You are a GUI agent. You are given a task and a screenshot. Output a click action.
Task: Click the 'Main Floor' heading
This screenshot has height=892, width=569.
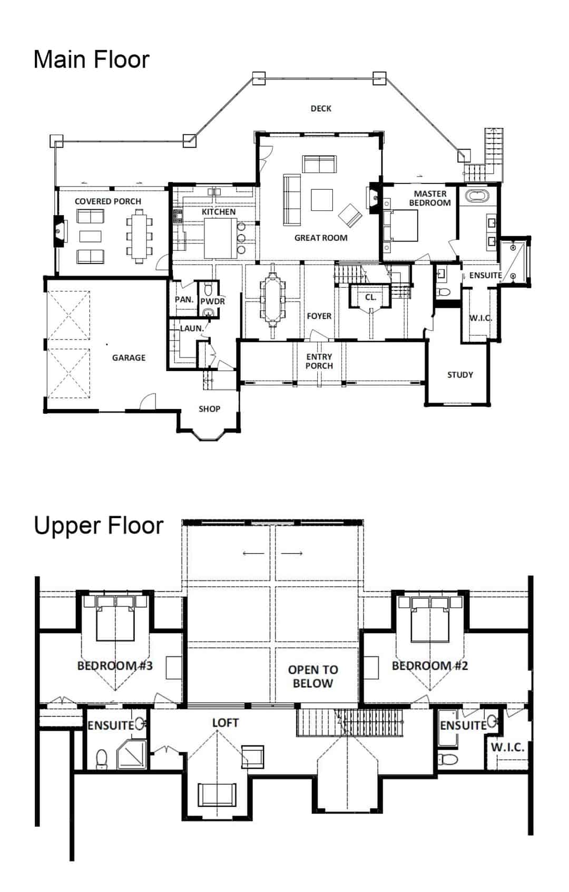coord(91,60)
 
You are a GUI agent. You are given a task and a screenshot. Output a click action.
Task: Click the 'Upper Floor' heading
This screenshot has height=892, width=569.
coord(99,526)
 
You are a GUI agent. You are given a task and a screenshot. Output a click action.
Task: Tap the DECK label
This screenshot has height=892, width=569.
coord(321,108)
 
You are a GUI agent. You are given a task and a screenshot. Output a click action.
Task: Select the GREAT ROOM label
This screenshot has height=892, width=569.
coord(321,238)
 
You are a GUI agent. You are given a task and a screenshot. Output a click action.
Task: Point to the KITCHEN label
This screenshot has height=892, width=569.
coord(219,211)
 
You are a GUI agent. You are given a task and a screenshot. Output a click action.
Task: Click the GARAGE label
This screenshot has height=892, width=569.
coord(129,357)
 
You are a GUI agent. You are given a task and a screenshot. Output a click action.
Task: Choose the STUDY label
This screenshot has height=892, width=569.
coord(460,375)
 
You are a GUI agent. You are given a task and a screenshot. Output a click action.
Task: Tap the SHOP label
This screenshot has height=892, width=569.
coord(209,409)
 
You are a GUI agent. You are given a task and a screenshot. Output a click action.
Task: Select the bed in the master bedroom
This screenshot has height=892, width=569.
coord(404,226)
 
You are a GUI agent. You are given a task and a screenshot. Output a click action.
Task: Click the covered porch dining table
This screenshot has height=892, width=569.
coord(140,237)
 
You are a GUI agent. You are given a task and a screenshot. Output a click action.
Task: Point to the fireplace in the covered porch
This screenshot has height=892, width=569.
coord(59,231)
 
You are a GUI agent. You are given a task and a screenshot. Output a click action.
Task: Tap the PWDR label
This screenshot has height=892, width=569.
coord(212,302)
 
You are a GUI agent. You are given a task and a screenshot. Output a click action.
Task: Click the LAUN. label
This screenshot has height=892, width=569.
coord(192,328)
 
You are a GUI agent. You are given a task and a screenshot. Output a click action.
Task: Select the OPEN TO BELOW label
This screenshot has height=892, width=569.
coord(313,676)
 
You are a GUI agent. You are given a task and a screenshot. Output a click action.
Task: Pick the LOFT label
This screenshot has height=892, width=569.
coord(225,723)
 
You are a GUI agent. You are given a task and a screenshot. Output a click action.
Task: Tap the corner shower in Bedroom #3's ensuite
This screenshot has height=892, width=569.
coord(132,754)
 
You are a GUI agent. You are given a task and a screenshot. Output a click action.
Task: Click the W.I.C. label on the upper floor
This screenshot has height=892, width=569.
coord(507,747)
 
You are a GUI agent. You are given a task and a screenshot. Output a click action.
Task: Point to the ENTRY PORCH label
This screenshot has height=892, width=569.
coord(319,361)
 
